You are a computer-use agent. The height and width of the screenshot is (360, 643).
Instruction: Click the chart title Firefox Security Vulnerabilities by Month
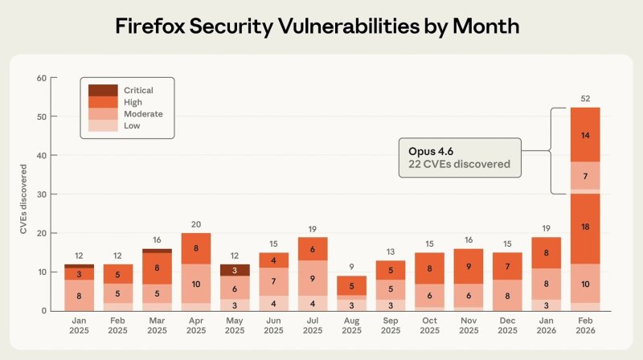pos(317,27)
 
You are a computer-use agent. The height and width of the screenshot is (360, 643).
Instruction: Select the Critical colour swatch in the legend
pos(102,90)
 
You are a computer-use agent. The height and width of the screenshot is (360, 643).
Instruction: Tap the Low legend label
pos(133,125)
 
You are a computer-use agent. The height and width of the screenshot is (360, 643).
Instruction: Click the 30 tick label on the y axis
pos(41,194)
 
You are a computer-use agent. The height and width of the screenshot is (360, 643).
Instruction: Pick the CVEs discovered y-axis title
pos(25,200)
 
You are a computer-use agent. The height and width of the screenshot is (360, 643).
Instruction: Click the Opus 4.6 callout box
pos(460,157)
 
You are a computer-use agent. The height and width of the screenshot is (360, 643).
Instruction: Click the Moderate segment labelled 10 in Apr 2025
pos(196,284)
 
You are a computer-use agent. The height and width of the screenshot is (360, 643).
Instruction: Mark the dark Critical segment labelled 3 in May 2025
pos(235,270)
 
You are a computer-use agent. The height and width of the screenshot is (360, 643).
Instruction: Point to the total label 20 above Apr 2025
pos(196,224)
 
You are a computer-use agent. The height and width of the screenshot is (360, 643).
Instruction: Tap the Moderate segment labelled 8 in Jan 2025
pos(79,295)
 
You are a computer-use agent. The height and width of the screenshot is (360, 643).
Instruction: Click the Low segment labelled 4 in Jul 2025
pos(313,303)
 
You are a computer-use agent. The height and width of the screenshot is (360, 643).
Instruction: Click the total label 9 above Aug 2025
pos(352,267)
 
